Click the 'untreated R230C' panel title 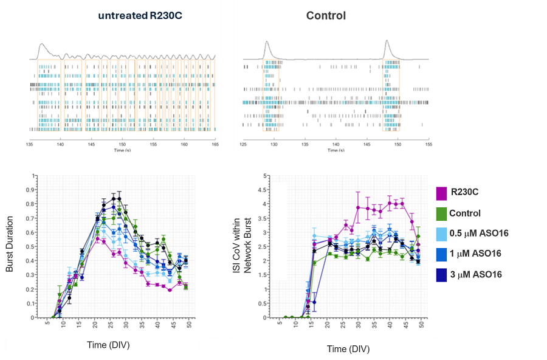click(x=140, y=16)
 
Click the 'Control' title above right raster click(x=326, y=16)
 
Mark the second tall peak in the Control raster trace click(x=388, y=43)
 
